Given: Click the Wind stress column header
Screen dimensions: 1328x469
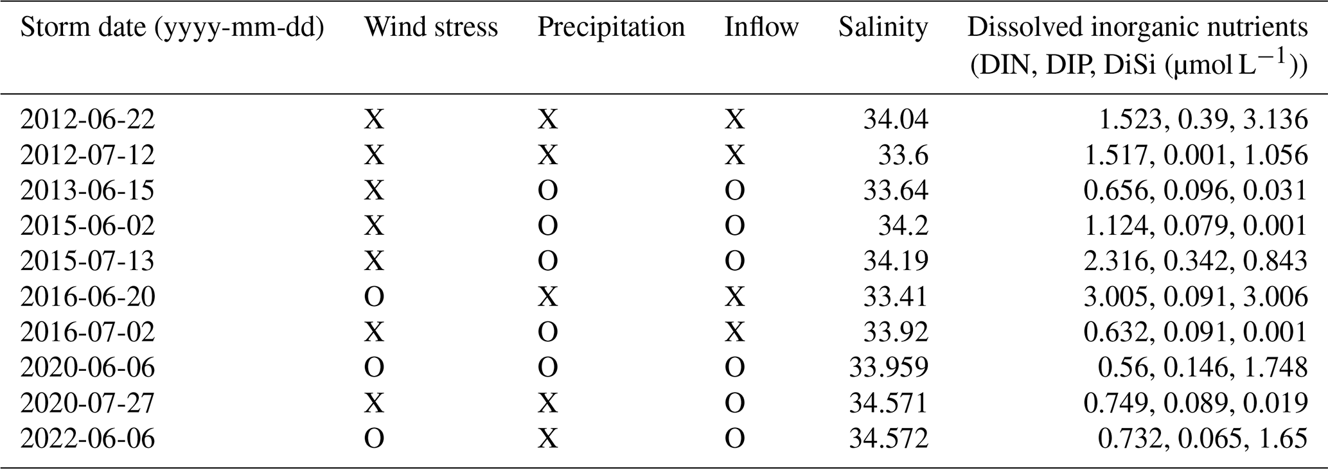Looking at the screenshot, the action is pyautogui.click(x=431, y=28).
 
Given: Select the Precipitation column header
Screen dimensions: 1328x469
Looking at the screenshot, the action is pyautogui.click(x=611, y=28).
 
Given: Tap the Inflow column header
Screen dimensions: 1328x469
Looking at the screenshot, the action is pyautogui.click(x=761, y=28).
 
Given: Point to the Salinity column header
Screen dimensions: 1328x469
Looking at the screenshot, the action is pyautogui.click(x=883, y=28).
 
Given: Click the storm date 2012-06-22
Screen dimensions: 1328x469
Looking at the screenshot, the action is pyautogui.click(x=87, y=120).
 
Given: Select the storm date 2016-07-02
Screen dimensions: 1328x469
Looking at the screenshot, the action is pyautogui.click(x=87, y=332).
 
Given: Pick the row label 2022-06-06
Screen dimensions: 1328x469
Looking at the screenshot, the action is pyautogui.click(x=87, y=439).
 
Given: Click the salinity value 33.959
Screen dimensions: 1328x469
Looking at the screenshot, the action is pyautogui.click(x=889, y=368).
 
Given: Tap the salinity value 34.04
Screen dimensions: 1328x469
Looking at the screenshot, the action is pyautogui.click(x=896, y=120).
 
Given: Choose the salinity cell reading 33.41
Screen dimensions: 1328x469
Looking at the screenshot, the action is pyautogui.click(x=896, y=297).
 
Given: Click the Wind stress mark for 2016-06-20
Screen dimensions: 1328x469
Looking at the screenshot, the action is pyautogui.click(x=374, y=297).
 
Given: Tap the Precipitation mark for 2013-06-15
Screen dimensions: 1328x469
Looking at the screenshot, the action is pyautogui.click(x=548, y=191).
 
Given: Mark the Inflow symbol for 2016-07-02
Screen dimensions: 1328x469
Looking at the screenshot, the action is pyautogui.click(x=735, y=332).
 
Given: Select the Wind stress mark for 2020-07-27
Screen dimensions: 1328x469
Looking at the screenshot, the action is pyautogui.click(x=374, y=404).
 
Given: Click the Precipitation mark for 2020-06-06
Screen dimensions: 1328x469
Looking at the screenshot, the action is pyautogui.click(x=548, y=368).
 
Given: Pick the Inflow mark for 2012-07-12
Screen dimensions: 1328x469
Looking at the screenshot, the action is pyautogui.click(x=735, y=155).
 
